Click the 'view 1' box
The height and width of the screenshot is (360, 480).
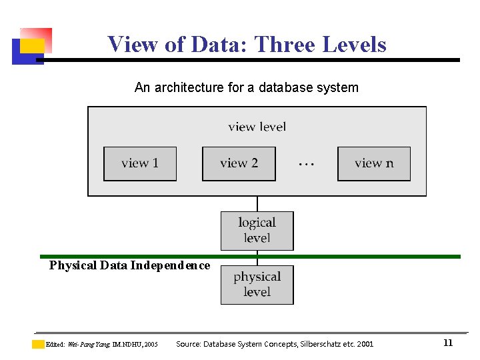coord(140,163)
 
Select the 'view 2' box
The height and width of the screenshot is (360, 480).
coord(239,163)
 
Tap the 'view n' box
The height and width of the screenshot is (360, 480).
coord(374,163)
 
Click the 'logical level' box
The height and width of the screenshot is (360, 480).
coord(257,231)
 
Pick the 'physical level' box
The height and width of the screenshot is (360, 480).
coord(257,285)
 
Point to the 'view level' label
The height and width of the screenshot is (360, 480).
coord(257,127)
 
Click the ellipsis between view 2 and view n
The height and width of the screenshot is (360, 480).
coord(306,163)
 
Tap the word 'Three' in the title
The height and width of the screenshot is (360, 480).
coord(285,45)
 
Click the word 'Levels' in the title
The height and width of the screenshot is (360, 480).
coord(354,45)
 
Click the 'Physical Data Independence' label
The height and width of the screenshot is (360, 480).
coord(129,265)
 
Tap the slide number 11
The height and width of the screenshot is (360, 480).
coord(448,343)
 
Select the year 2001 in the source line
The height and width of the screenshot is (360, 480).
coord(365,344)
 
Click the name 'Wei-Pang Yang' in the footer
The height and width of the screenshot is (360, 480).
coord(87,345)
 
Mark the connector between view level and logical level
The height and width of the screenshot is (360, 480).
coord(257,203)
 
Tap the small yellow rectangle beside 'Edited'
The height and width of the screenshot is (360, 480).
coord(38,344)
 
